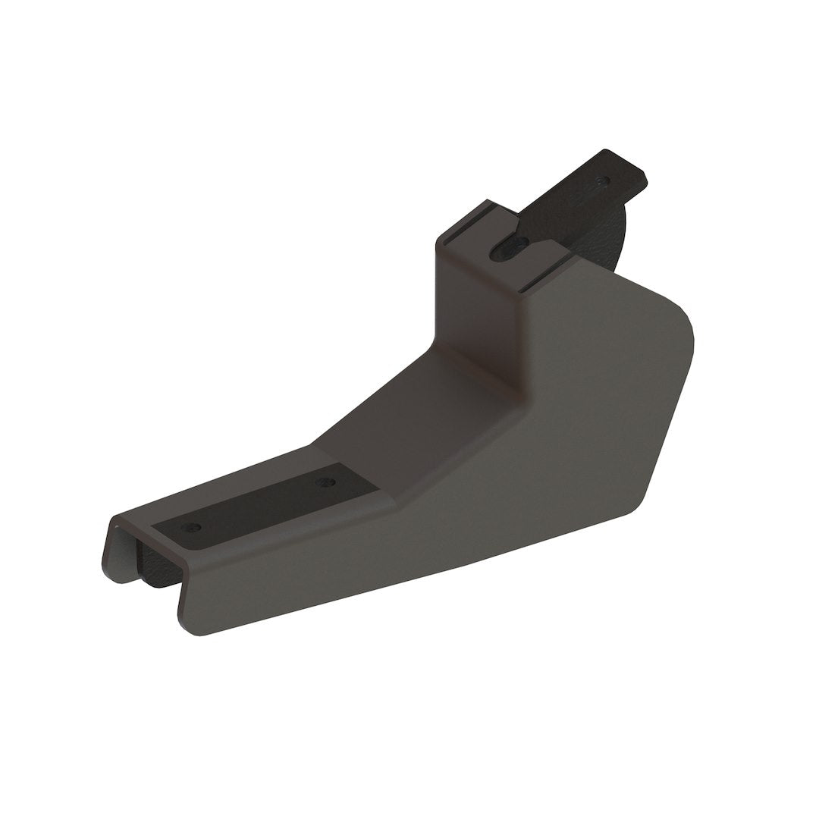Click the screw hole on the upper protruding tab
point(602,180)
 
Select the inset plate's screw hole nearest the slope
point(325,482)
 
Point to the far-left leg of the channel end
point(111,554)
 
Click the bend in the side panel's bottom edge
point(464,565)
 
